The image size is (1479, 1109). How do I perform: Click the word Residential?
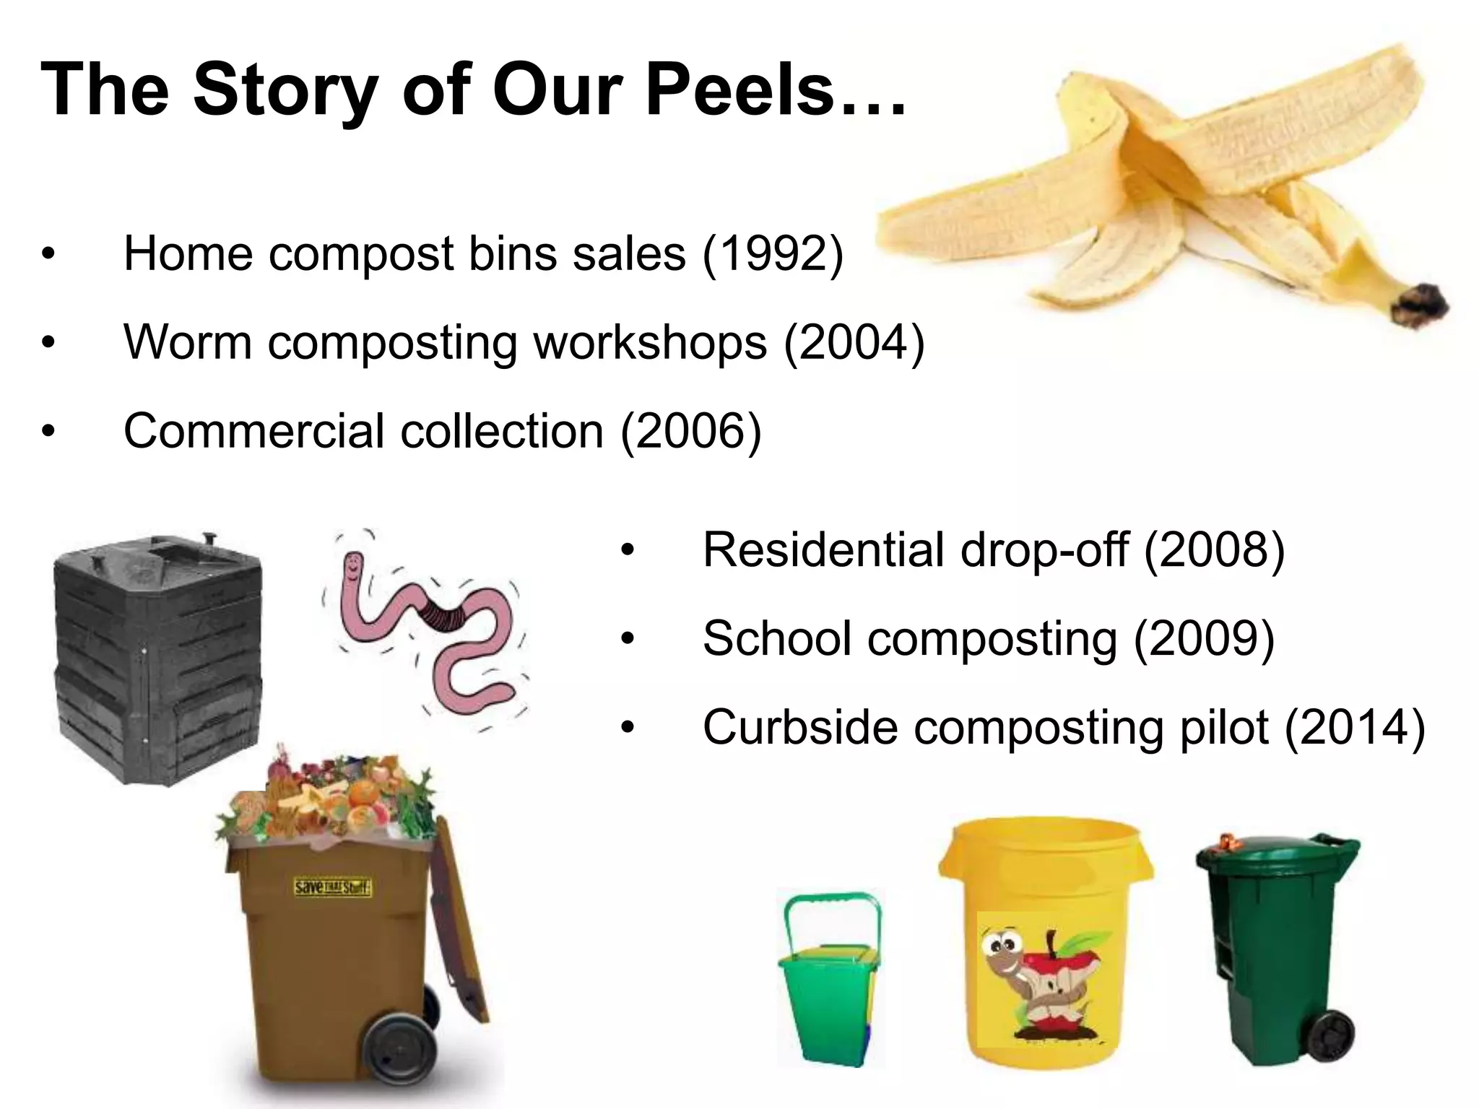click(822, 550)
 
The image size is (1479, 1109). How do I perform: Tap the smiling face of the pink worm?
click(353, 567)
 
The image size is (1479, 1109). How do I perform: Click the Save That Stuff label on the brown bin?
click(333, 887)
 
